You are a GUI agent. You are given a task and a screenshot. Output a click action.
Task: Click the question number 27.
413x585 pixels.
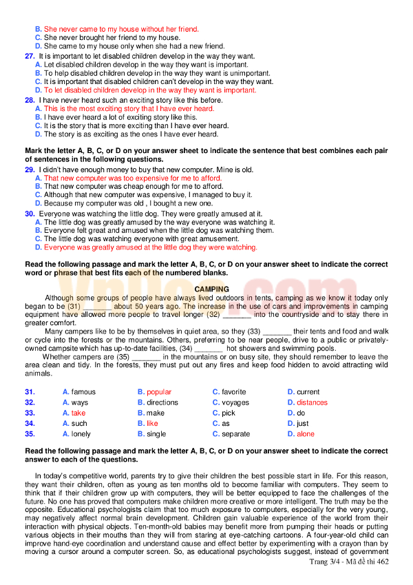click(30, 56)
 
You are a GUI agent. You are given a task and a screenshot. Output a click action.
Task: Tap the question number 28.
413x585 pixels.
click(30, 100)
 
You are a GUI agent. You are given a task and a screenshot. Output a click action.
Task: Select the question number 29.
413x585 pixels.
click(30, 170)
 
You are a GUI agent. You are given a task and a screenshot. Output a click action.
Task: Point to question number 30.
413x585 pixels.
click(30, 214)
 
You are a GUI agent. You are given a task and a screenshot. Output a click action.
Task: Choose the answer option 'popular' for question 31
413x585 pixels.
click(159, 392)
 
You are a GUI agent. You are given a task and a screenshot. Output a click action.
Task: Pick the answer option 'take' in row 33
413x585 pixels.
click(78, 413)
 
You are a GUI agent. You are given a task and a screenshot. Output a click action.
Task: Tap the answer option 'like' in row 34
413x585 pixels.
click(152, 423)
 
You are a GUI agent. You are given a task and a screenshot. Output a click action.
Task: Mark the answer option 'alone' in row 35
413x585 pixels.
click(306, 434)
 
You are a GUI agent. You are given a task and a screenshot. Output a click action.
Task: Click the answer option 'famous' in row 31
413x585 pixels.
click(83, 392)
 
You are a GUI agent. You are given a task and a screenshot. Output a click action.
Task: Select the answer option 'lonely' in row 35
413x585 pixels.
click(81, 434)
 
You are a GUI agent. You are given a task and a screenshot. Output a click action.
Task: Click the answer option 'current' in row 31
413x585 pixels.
click(308, 392)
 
